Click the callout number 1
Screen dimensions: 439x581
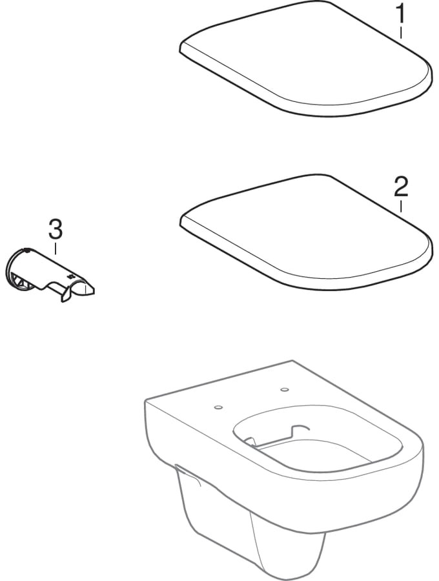[400, 14]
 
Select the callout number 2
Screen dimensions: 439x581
[401, 187]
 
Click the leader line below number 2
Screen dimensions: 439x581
[401, 206]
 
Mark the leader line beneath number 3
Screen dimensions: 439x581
[56, 249]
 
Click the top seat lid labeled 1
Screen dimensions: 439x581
[306, 58]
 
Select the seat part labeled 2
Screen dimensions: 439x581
[306, 232]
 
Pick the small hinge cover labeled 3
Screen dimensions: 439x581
[50, 274]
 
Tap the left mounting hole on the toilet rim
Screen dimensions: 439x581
[218, 407]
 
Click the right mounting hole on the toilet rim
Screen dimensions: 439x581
[285, 389]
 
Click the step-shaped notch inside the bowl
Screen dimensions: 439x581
[300, 430]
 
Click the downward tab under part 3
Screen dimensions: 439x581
[66, 294]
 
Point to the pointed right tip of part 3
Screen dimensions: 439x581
[94, 290]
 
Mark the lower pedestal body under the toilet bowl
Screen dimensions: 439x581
[252, 526]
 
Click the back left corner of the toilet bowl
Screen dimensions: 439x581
[145, 400]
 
